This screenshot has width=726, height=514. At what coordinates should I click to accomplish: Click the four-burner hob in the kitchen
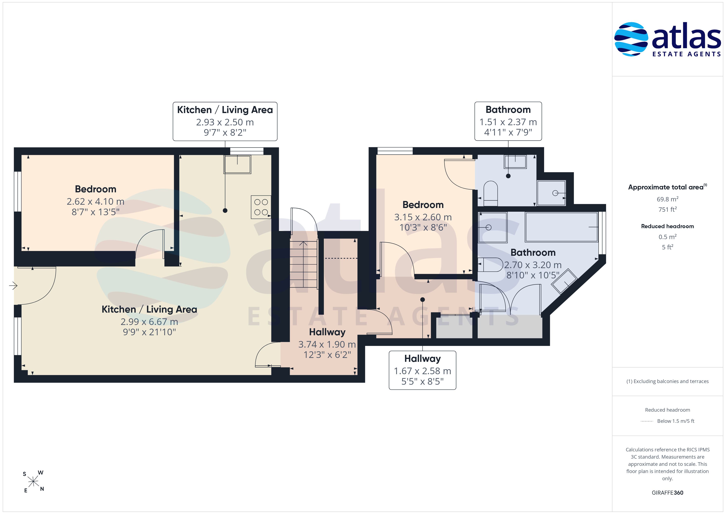point(261,207)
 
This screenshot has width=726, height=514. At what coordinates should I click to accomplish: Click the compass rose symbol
point(33,482)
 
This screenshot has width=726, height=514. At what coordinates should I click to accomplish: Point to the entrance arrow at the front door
point(13,286)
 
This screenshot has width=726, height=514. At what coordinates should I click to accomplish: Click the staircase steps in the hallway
point(304,264)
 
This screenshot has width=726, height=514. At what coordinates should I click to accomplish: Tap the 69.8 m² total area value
point(668,199)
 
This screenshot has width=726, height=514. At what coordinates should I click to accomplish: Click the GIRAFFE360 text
point(668,492)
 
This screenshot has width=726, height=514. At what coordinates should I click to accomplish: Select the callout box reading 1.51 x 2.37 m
point(508,121)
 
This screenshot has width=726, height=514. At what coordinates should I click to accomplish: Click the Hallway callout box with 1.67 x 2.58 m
point(422,370)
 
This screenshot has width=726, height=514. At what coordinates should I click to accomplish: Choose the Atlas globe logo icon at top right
point(631,39)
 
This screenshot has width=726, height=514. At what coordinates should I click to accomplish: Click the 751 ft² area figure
point(668,209)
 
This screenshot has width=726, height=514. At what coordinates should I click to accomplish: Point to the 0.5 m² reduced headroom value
point(668,237)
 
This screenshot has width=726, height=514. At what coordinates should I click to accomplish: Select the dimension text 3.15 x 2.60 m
point(423,217)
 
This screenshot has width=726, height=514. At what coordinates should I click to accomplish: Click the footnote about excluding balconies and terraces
point(668,381)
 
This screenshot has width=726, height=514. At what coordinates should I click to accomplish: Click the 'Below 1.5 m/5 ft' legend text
point(676,421)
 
